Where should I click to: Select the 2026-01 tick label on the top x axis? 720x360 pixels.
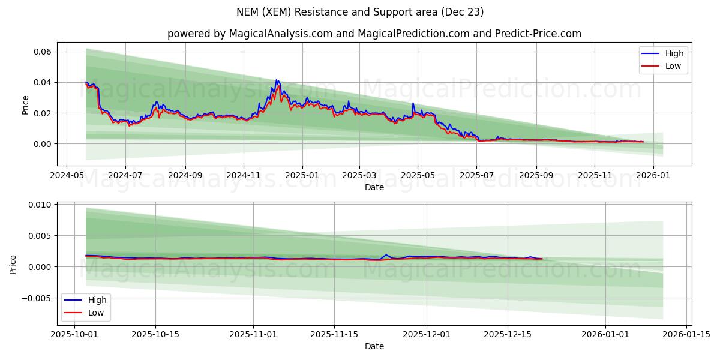pyautogui.click(x=653, y=176)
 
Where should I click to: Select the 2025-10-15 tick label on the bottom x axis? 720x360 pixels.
pyautogui.click(x=155, y=335)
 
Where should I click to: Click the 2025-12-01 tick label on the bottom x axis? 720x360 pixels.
pyautogui.click(x=427, y=335)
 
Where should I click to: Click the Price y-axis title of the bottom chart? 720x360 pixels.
pyautogui.click(x=13, y=264)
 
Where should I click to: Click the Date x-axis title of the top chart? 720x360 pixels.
pyautogui.click(x=374, y=187)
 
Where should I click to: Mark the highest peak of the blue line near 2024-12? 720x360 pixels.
pyautogui.click(x=277, y=80)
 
